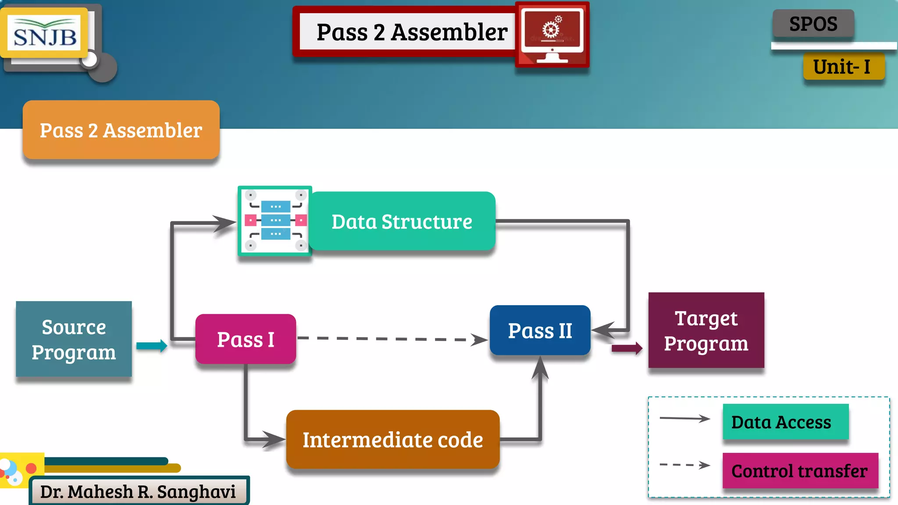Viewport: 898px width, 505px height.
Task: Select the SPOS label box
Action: click(813, 24)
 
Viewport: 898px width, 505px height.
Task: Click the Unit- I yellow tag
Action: click(843, 67)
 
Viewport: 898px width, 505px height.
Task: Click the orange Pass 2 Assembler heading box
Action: click(121, 130)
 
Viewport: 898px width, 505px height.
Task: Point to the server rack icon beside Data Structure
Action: click(275, 220)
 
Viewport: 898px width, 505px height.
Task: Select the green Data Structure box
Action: click(402, 221)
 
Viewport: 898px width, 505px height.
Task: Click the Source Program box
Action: click(74, 339)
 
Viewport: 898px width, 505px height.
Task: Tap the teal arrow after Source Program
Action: click(152, 346)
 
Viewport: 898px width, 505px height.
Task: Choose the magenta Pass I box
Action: click(246, 339)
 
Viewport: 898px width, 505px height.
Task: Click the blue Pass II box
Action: click(540, 331)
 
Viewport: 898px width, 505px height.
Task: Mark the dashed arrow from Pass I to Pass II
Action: click(392, 339)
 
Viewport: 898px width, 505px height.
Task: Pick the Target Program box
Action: click(706, 331)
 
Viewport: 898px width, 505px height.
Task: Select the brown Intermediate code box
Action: click(392, 440)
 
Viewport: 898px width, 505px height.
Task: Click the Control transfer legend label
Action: click(800, 471)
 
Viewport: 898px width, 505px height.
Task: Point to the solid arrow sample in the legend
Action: click(684, 419)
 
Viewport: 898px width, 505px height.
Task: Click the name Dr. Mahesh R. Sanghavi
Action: click(138, 492)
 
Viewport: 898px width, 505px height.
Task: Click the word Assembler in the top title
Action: click(449, 32)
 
